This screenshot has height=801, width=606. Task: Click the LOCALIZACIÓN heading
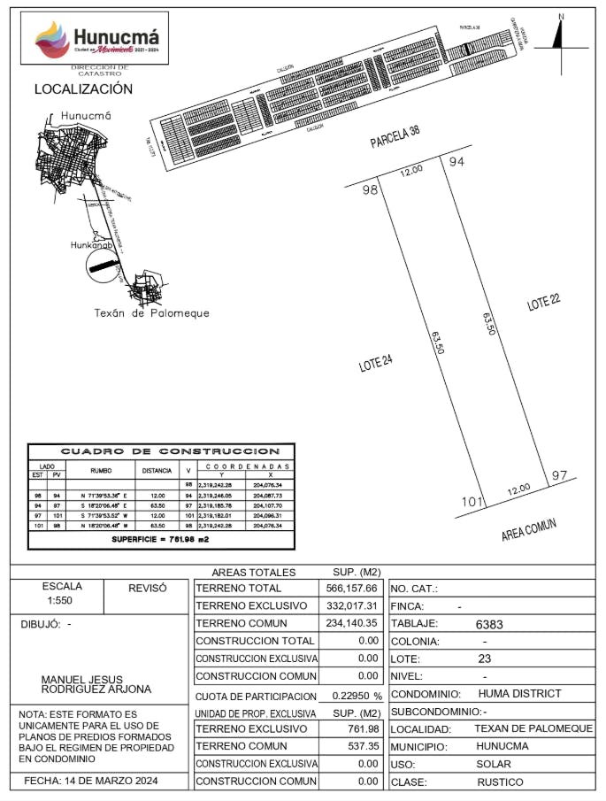pyautogui.click(x=83, y=89)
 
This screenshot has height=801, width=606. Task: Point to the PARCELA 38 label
pyautogui.click(x=395, y=139)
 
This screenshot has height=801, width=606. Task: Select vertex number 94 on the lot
pyautogui.click(x=456, y=161)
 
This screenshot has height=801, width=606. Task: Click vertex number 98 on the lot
pyautogui.click(x=370, y=190)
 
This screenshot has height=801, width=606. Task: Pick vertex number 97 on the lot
pyautogui.click(x=558, y=476)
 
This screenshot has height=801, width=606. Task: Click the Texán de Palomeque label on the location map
pyautogui.click(x=151, y=313)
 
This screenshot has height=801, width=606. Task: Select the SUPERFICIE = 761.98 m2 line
pyautogui.click(x=159, y=539)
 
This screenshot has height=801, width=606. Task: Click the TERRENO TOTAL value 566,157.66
pyautogui.click(x=352, y=589)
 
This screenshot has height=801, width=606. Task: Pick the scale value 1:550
pyautogui.click(x=62, y=600)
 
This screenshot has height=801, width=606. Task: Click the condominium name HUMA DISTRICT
pyautogui.click(x=518, y=694)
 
